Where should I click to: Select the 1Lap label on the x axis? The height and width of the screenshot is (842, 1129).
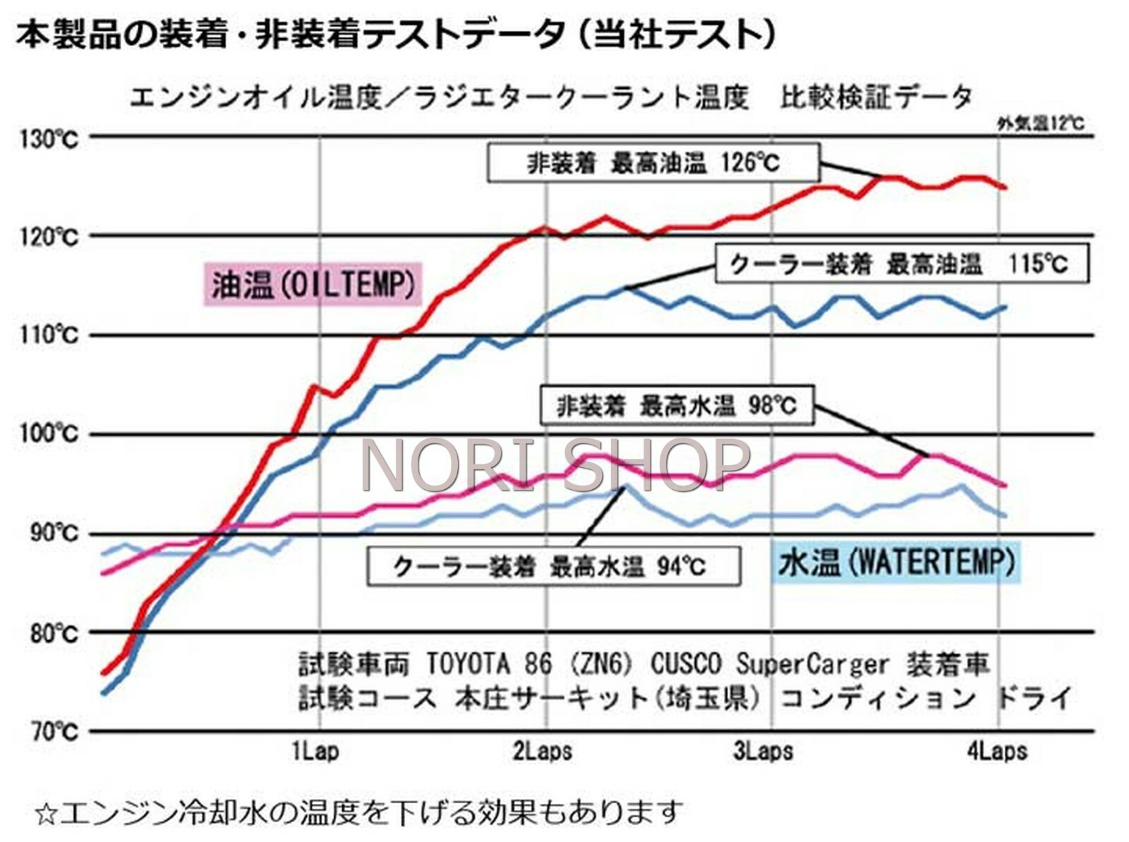tap(315, 751)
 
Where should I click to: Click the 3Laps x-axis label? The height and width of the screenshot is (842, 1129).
tap(763, 751)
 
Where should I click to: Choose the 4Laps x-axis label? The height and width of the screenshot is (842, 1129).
tap(997, 751)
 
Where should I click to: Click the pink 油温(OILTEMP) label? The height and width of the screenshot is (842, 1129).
tap(313, 284)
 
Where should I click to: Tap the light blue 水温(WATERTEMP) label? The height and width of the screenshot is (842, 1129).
tap(897, 563)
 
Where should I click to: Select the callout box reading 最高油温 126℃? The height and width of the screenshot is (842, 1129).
tap(653, 163)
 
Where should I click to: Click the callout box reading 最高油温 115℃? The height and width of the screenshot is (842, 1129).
tap(901, 264)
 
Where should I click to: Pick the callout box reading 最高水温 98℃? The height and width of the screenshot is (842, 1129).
tap(676, 405)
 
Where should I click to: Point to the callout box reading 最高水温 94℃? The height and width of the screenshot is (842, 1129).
tap(553, 565)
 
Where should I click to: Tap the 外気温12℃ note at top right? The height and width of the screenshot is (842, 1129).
tap(1041, 124)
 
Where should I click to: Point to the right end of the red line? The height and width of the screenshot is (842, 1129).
tap(1005, 187)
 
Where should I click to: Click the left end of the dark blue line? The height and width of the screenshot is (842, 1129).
tap(104, 694)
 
